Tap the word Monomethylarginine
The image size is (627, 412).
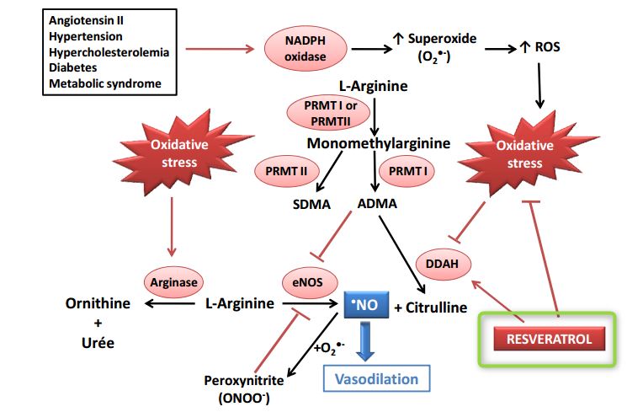pos(378,143)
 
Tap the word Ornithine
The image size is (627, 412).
pos(98,303)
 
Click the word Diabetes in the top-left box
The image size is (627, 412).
pos(72,67)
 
